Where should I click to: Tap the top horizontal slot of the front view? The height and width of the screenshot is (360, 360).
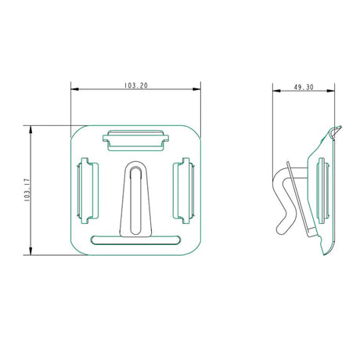pyautogui.click(x=135, y=139)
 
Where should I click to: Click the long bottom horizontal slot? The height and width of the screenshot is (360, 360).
pyautogui.click(x=135, y=238)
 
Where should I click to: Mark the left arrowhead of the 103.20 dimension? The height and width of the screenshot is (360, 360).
pyautogui.click(x=74, y=90)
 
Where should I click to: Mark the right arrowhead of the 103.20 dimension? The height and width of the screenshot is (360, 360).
pyautogui.click(x=198, y=90)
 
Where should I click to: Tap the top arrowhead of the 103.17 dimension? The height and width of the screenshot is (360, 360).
pyautogui.click(x=32, y=127)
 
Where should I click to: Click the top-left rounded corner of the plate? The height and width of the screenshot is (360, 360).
pyautogui.click(x=78, y=131)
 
